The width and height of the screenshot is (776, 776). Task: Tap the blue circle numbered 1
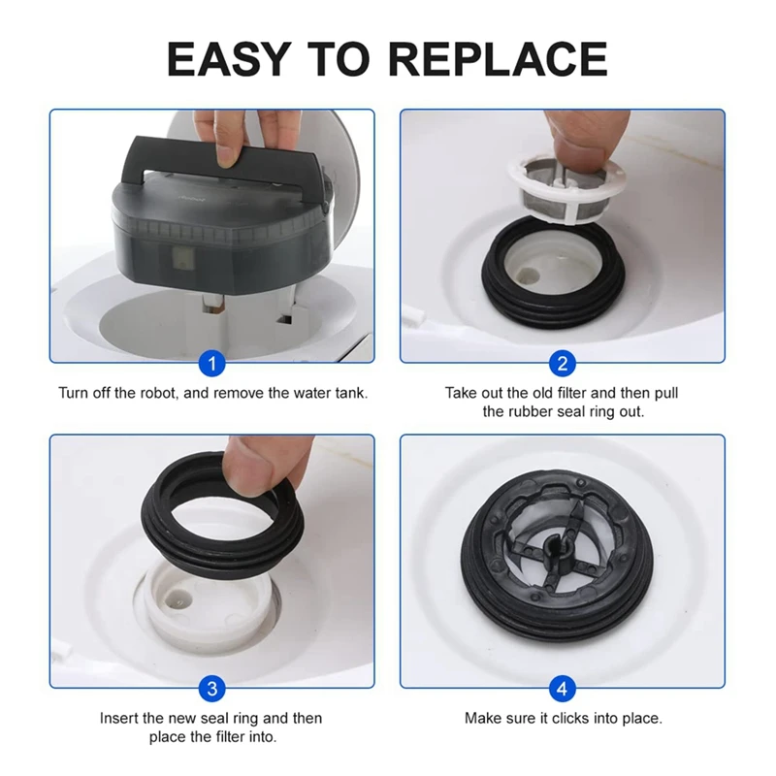(211, 364)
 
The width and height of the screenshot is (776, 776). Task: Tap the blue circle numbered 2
(563, 364)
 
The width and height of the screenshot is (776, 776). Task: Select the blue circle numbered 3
(211, 690)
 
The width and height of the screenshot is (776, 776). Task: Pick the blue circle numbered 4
(563, 690)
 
